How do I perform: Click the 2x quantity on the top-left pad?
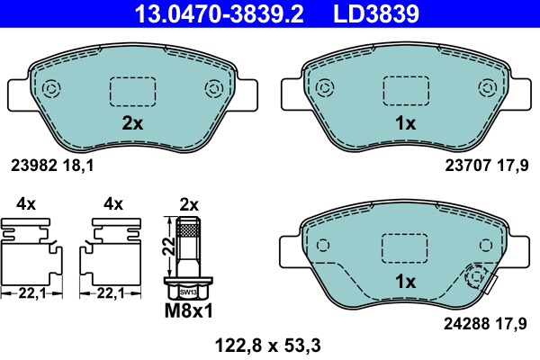(x=132, y=124)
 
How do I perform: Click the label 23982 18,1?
(x=53, y=165)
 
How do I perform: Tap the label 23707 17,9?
(x=487, y=165)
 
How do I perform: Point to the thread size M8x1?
(x=189, y=312)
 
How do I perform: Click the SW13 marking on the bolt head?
(x=188, y=292)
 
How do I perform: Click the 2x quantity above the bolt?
(x=189, y=204)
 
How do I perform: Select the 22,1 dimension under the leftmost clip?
(x=32, y=292)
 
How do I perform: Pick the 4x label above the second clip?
(x=112, y=204)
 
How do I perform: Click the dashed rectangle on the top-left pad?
(x=132, y=91)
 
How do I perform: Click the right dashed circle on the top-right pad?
(x=487, y=88)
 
